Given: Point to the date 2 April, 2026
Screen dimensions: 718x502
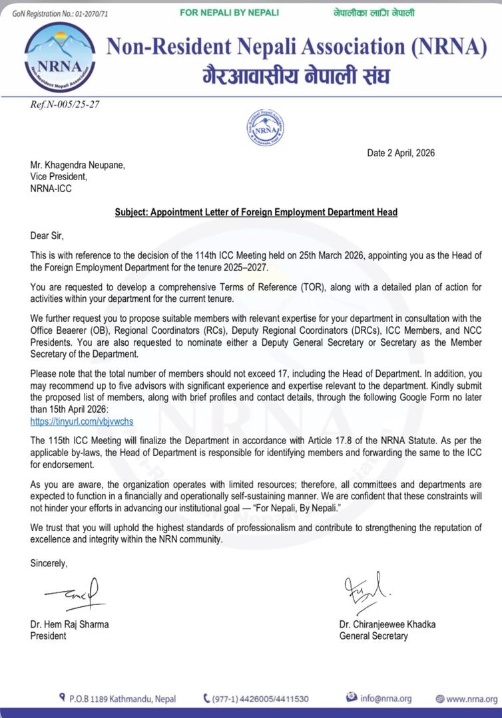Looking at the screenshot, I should (x=401, y=153).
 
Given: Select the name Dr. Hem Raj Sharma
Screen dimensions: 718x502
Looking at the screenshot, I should (x=69, y=624).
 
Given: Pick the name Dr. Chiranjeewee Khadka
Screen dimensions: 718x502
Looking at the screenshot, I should (x=387, y=624).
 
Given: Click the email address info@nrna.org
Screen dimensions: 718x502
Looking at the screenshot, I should (x=385, y=698).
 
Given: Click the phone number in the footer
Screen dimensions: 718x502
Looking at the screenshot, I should (x=260, y=699).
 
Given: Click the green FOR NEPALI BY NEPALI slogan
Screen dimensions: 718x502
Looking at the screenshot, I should (x=230, y=13).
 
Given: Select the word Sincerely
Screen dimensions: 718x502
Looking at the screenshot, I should (x=49, y=564).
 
